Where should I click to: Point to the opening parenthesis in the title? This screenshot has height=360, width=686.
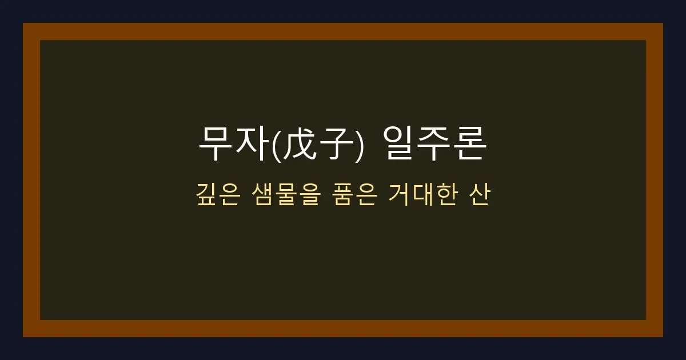tap(278, 145)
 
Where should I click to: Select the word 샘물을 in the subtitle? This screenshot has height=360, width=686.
tap(285, 196)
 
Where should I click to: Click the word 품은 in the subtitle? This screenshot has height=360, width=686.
tap(353, 196)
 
